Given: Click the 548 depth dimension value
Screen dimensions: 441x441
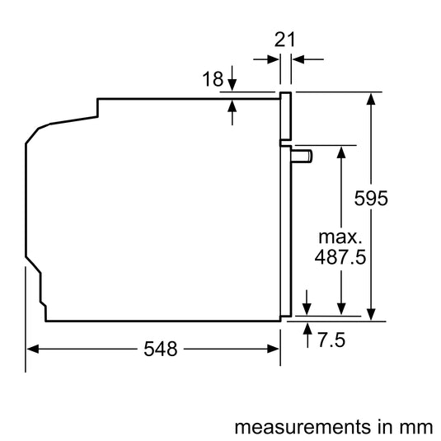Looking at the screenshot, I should click(160, 350).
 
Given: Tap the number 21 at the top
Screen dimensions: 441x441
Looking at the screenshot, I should click(284, 39).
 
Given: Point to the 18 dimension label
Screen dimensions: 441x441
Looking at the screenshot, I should click(212, 78).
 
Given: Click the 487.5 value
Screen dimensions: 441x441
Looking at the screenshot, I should click(340, 256).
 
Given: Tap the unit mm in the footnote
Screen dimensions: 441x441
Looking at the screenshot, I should click(415, 427).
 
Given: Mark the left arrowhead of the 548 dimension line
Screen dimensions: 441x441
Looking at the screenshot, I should click(31, 350).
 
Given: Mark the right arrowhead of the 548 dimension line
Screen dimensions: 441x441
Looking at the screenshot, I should click(276, 350).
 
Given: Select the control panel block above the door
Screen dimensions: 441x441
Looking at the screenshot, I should click(285, 115).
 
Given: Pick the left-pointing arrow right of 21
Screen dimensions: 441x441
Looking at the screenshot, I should click(298, 59).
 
